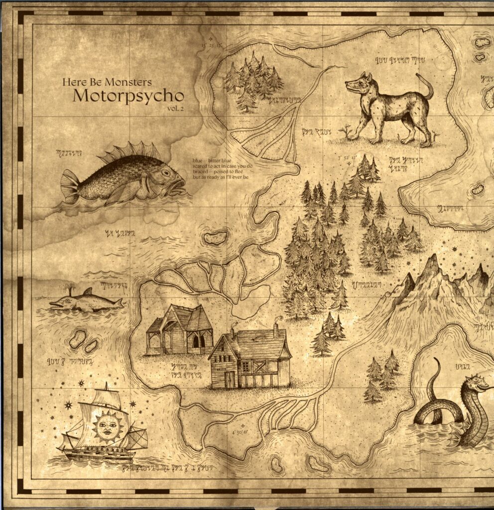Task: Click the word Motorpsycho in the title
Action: [x=128, y=95]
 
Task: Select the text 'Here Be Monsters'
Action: [x=107, y=81]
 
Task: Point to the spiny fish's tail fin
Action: [x=70, y=186]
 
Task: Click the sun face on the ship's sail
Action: [x=108, y=427]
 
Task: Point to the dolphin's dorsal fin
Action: [x=88, y=292]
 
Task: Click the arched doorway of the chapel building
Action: [x=196, y=341]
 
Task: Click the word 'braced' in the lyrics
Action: [x=200, y=171]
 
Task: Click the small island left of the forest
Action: [x=215, y=238]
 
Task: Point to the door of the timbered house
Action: [x=229, y=380]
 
